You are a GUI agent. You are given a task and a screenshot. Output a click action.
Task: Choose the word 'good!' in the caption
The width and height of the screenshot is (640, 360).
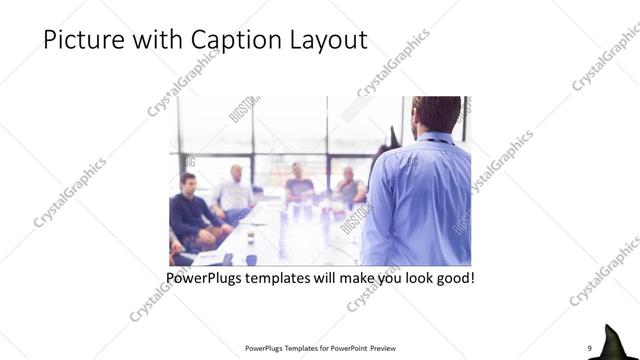[453, 276]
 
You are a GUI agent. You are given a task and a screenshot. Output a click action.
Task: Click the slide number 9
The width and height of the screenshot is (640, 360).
[590, 347]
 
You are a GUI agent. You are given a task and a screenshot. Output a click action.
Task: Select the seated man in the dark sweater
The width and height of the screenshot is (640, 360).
[190, 210]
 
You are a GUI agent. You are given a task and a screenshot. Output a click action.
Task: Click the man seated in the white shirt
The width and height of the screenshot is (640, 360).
[234, 195]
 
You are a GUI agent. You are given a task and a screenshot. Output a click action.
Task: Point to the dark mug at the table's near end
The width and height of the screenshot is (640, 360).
[250, 259]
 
